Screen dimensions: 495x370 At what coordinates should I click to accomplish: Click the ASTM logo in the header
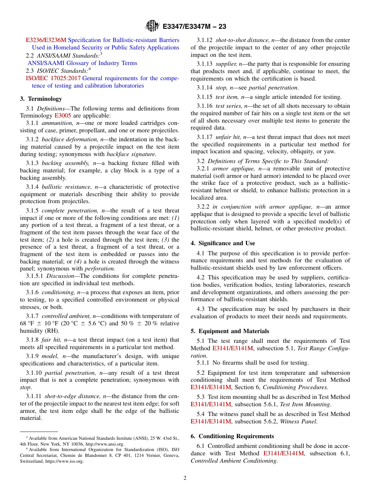152,26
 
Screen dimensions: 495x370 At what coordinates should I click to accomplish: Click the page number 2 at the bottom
185,478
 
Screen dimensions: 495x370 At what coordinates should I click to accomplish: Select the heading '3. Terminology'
41,99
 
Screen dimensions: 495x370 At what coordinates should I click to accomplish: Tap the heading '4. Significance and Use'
223,243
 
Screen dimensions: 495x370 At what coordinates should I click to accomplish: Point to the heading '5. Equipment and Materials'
230,331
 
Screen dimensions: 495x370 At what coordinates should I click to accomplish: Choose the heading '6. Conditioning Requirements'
232,436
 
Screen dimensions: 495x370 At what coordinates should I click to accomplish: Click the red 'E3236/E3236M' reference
46,40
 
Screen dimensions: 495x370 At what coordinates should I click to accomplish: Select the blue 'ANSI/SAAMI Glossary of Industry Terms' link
82,63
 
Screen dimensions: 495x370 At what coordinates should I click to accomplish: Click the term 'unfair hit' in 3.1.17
229,137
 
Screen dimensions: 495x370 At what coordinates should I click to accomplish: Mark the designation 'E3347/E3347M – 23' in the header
194,26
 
